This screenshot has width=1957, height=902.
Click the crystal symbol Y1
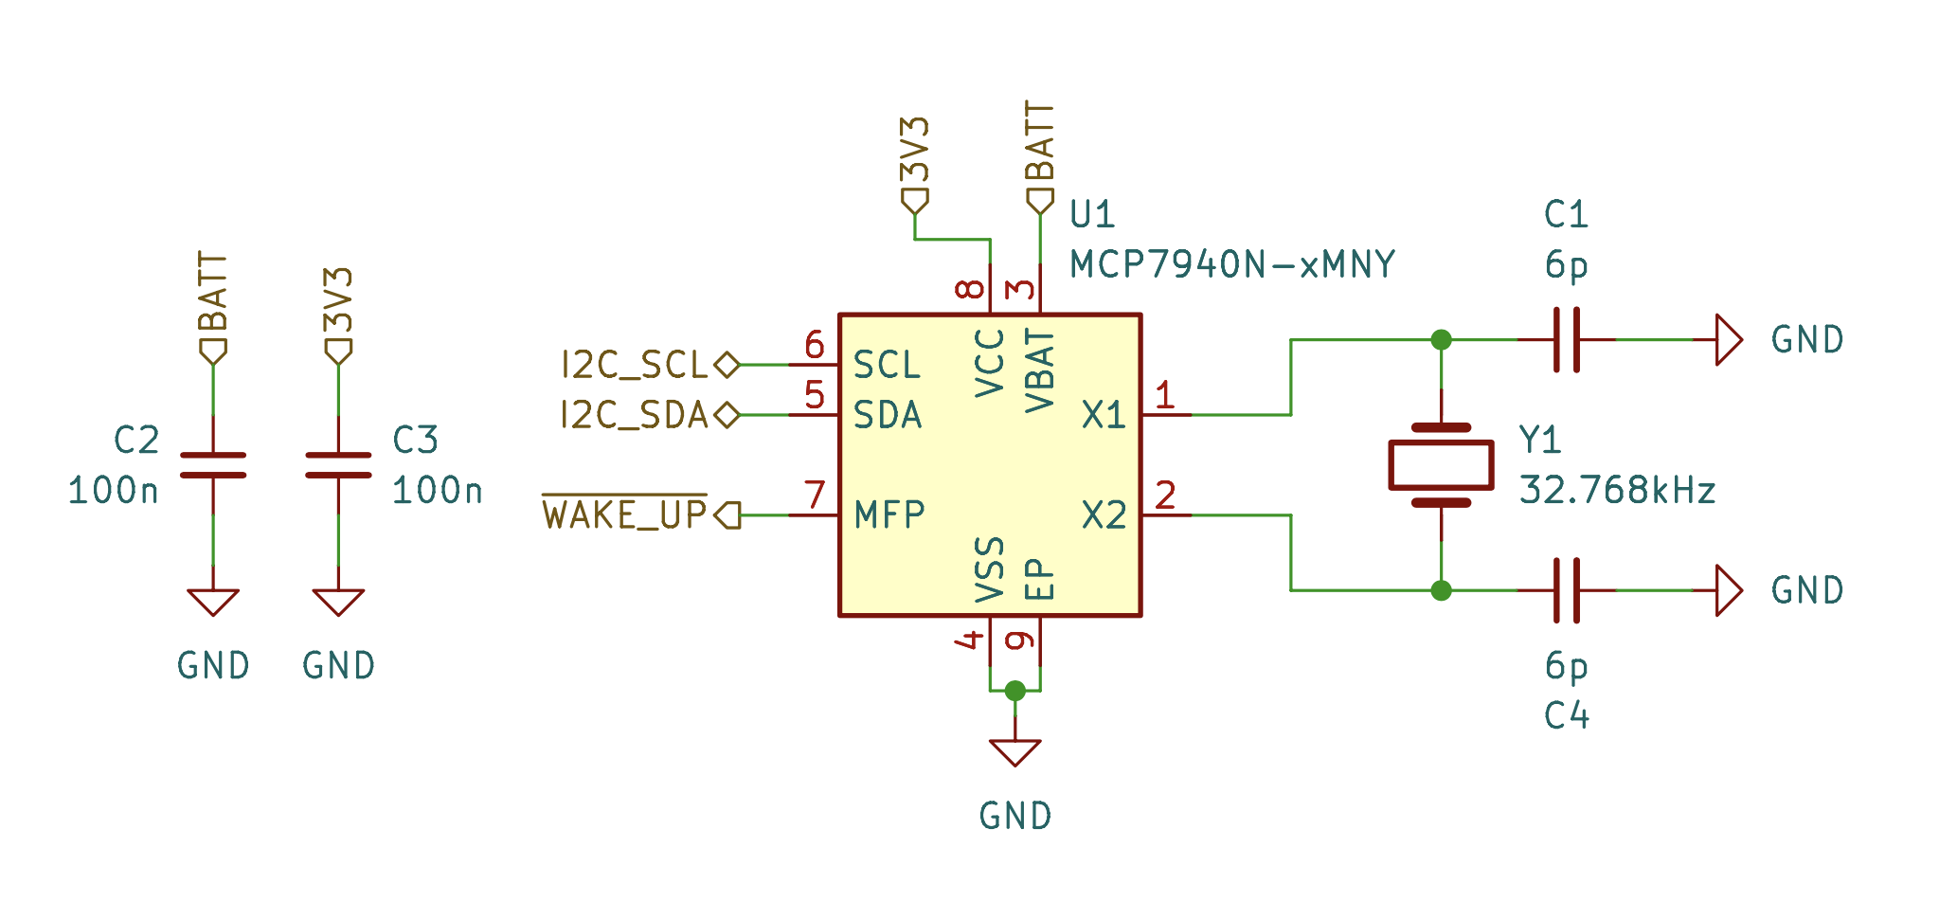tap(1441, 465)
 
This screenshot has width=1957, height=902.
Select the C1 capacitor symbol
tap(1566, 339)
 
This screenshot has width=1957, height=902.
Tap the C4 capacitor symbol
tap(1566, 590)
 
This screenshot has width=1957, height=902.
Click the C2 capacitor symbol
tap(213, 465)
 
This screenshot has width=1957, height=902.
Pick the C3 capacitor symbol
tap(338, 465)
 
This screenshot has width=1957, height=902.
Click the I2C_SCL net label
tap(635, 365)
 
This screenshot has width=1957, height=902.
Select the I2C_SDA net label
tap(635, 415)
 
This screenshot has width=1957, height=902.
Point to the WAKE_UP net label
tap(625, 514)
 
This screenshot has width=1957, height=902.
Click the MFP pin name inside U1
tap(889, 515)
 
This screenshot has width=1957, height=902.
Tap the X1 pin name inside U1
tap(1104, 415)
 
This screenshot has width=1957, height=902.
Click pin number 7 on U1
tap(815, 495)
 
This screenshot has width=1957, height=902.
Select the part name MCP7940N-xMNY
tap(1231, 264)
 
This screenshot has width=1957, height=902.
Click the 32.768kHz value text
tap(1617, 491)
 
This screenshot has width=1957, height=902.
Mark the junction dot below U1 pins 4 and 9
tap(1014, 691)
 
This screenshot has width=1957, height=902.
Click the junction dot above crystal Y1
tap(1441, 339)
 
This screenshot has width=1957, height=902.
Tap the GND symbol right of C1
tap(1729, 339)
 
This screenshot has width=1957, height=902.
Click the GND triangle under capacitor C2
tap(213, 602)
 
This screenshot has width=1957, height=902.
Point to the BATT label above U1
tap(1040, 142)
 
